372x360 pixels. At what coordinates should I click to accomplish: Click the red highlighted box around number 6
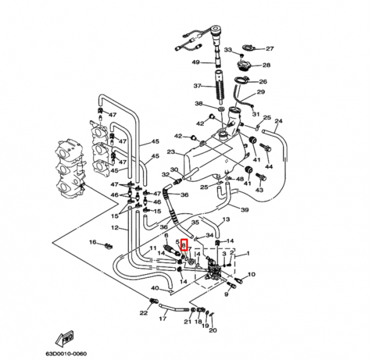tap(184, 245)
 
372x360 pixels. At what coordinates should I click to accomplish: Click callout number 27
tap(270, 49)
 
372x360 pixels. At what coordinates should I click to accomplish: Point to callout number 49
tap(196, 62)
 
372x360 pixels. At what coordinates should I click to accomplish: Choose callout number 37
tap(197, 86)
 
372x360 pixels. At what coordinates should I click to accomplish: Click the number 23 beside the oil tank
tap(171, 152)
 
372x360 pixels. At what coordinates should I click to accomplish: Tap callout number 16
tap(92, 242)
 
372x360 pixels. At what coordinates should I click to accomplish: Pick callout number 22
tap(143, 313)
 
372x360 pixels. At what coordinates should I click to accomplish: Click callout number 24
tap(279, 121)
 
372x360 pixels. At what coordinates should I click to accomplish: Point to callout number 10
tap(251, 274)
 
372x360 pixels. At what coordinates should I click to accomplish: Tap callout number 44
tap(268, 167)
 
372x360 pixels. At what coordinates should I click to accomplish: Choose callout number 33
tap(228, 50)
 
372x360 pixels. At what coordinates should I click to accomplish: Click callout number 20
tap(213, 330)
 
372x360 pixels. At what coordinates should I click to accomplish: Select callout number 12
tap(115, 228)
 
